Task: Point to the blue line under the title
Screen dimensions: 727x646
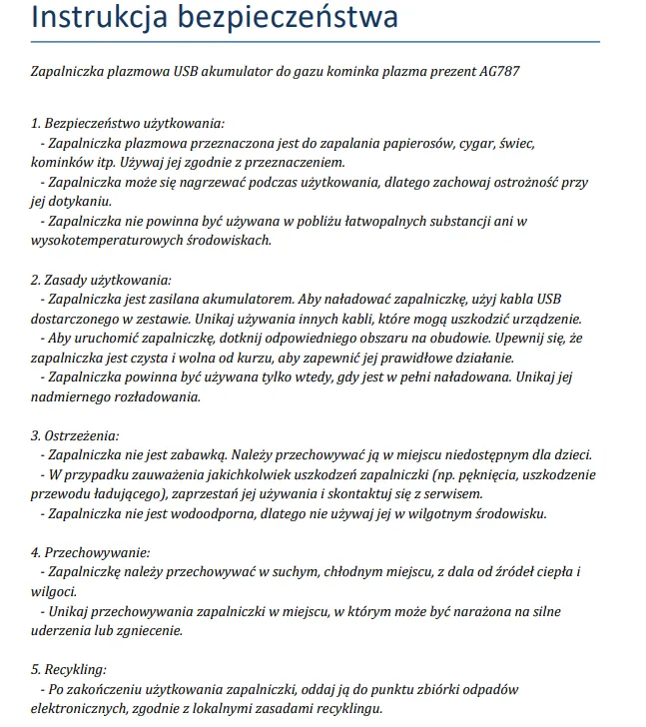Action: [x=316, y=42]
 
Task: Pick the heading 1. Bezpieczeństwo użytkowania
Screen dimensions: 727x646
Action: [x=128, y=124]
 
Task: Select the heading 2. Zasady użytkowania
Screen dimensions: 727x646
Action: [x=102, y=279]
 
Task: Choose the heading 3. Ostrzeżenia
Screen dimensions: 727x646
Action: [x=76, y=435]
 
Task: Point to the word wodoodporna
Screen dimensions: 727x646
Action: [x=263, y=513]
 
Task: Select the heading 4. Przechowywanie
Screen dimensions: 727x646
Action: [x=91, y=551]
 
